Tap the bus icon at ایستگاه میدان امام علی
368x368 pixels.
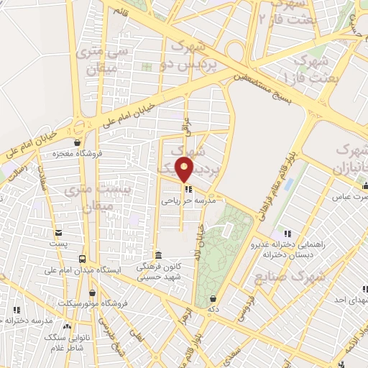pyautogui.click(x=83, y=259)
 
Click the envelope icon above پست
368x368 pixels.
pyautogui.click(x=58, y=232)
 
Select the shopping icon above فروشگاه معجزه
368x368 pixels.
pyautogui.click(x=77, y=142)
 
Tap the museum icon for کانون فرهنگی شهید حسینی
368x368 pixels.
pyautogui.click(x=159, y=256)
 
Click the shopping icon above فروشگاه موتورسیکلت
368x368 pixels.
pyautogui.click(x=93, y=293)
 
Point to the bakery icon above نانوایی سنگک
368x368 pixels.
pyautogui.click(x=67, y=326)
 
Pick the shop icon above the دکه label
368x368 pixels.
pyautogui.click(x=213, y=298)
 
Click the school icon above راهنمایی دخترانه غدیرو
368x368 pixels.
pyautogui.click(x=288, y=233)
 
